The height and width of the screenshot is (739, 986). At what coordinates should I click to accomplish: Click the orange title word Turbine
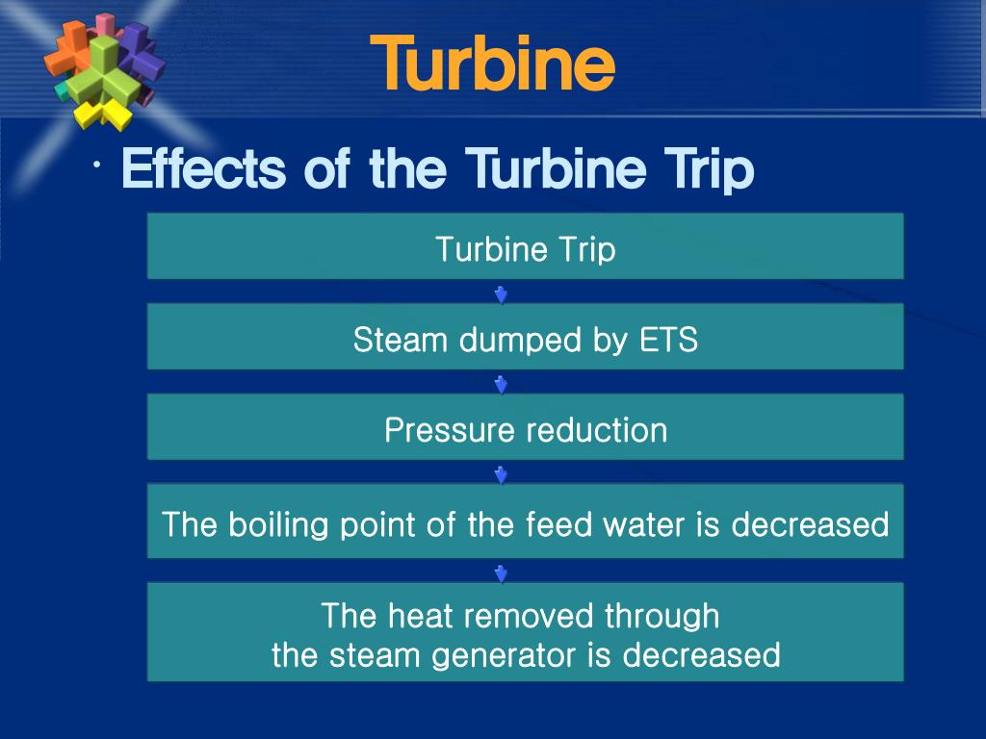tap(492, 63)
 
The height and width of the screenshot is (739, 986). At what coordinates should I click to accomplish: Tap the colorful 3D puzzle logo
tap(104, 71)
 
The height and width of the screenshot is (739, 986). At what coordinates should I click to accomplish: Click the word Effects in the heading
tap(204, 167)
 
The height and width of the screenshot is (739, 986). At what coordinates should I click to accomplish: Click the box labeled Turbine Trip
tap(525, 245)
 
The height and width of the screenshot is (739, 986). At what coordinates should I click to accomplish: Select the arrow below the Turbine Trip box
tap(501, 294)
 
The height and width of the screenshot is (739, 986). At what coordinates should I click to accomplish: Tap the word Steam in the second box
tap(400, 340)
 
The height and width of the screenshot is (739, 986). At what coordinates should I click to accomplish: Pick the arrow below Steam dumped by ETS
tap(501, 384)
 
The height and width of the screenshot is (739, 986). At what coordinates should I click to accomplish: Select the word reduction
tap(597, 430)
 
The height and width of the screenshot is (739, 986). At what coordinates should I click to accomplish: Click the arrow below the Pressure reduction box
tap(501, 474)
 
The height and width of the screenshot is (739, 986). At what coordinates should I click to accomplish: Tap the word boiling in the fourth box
tap(278, 524)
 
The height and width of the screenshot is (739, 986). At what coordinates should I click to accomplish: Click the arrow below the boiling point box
tap(501, 573)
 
